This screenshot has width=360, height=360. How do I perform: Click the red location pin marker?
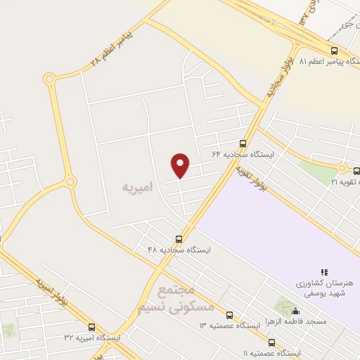pos(181,165)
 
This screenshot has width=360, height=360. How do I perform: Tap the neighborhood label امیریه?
pos(136,187)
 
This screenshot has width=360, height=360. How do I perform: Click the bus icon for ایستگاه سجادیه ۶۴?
pos(243,142)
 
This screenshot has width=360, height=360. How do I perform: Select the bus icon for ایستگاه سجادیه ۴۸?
pos(179,238)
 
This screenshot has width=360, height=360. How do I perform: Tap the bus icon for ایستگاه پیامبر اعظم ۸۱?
pos(334,51)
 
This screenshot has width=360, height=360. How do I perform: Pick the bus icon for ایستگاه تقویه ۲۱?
pos(356,170)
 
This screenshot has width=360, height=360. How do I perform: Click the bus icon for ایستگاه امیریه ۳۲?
pos(91,327)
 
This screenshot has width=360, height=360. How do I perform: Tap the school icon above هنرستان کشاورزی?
pos(324,271)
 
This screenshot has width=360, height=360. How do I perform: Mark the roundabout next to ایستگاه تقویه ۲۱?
pos(342,168)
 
